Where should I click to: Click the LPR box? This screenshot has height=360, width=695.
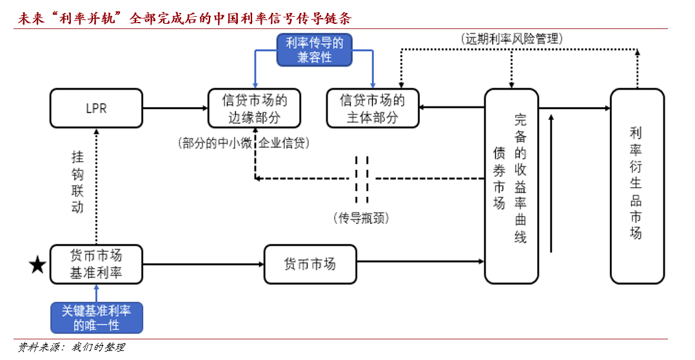(x=95, y=108)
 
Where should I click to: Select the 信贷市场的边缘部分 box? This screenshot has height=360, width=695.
(x=254, y=108)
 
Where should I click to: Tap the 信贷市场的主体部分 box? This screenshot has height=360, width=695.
(x=373, y=108)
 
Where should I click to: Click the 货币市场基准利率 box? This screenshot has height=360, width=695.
(x=96, y=264)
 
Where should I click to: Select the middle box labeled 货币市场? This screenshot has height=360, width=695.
(x=310, y=264)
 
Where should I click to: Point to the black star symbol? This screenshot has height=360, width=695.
(x=38, y=265)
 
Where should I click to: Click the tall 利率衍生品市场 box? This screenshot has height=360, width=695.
(x=636, y=186)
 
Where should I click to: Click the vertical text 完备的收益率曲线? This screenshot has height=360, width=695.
(x=520, y=179)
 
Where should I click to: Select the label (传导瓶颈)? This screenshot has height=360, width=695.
(x=361, y=218)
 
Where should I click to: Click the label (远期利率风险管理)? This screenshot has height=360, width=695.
(x=513, y=39)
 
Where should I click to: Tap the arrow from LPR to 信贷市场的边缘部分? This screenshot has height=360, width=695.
(x=174, y=108)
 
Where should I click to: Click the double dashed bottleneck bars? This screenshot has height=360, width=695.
(x=362, y=178)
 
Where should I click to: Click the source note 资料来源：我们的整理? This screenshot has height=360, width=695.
(x=71, y=348)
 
